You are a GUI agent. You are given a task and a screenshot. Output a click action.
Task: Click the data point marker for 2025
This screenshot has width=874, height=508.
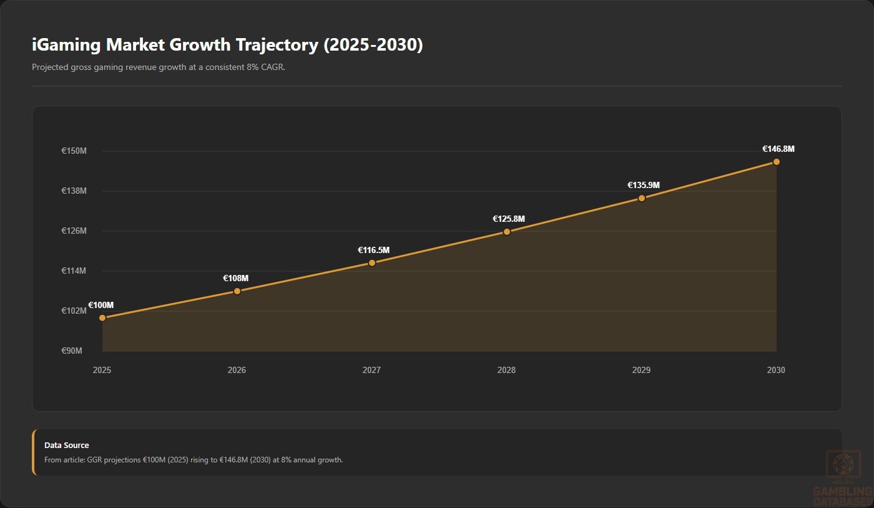(102, 318)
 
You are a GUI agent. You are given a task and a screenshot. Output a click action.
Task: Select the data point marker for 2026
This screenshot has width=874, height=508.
(237, 291)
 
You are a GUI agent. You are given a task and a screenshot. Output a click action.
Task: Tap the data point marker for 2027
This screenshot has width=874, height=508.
(372, 263)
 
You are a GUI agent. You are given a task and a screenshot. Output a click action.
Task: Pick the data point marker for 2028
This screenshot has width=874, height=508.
(507, 232)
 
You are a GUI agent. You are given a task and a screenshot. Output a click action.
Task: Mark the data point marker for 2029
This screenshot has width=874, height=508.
(642, 198)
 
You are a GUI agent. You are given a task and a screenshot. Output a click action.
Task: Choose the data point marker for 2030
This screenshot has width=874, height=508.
(777, 162)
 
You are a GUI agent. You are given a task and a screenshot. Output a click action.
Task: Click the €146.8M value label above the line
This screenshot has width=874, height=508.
(778, 149)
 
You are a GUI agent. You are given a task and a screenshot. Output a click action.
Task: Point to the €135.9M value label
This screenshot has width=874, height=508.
(644, 185)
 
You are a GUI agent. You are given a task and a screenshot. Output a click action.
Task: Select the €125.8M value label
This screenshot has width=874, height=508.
(508, 219)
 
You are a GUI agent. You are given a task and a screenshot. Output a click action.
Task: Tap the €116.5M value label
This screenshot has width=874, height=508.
(373, 250)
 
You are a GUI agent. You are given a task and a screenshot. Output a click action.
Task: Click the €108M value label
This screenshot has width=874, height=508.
(236, 278)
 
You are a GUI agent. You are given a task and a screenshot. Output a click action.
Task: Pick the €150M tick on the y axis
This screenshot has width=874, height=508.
(74, 151)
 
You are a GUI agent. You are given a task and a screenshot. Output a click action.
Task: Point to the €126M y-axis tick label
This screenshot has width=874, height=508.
(74, 231)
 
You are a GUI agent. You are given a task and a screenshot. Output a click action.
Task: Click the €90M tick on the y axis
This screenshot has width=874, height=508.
(71, 351)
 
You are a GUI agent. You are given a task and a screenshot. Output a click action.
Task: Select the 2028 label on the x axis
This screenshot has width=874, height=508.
(506, 370)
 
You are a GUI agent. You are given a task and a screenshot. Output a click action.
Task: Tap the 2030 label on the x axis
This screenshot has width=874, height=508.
(776, 370)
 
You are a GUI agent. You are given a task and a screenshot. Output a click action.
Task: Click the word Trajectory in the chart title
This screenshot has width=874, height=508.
(277, 45)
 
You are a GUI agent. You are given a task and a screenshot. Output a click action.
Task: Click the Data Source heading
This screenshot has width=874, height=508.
(67, 445)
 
